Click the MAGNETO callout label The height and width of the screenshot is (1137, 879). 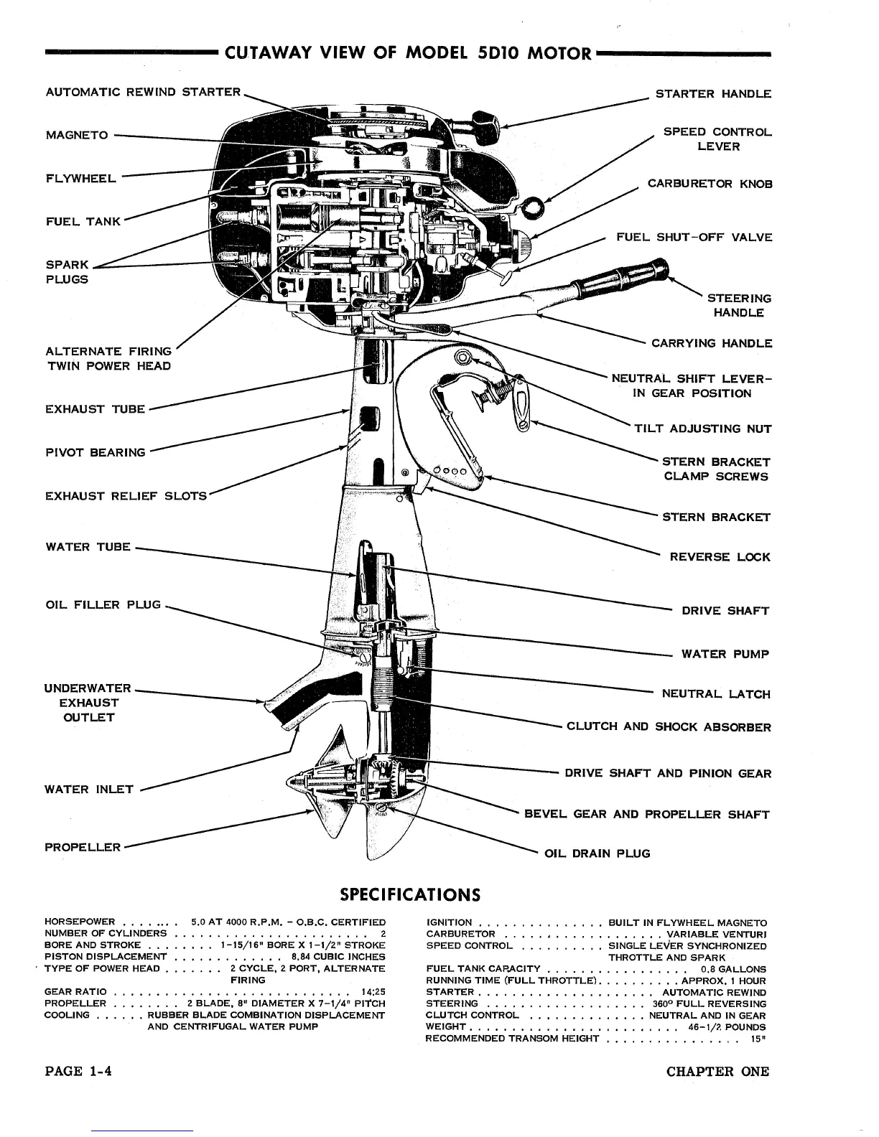[x=77, y=135]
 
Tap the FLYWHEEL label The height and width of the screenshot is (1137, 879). [x=80, y=178]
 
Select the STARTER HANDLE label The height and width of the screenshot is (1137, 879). [x=714, y=94]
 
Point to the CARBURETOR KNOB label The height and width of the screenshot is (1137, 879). [x=710, y=184]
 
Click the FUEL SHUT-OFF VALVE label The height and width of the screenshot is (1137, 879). [x=694, y=238]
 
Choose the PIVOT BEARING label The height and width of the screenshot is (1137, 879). [x=95, y=452]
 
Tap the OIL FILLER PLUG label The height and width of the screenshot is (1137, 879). [x=103, y=604]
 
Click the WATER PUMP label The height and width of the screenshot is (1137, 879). [x=725, y=654]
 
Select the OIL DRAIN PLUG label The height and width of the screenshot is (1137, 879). [x=597, y=853]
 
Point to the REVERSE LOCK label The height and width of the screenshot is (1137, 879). [x=720, y=557]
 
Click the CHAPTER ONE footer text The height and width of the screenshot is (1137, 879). [x=717, y=1072]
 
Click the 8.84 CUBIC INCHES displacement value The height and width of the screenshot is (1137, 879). [x=338, y=956]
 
